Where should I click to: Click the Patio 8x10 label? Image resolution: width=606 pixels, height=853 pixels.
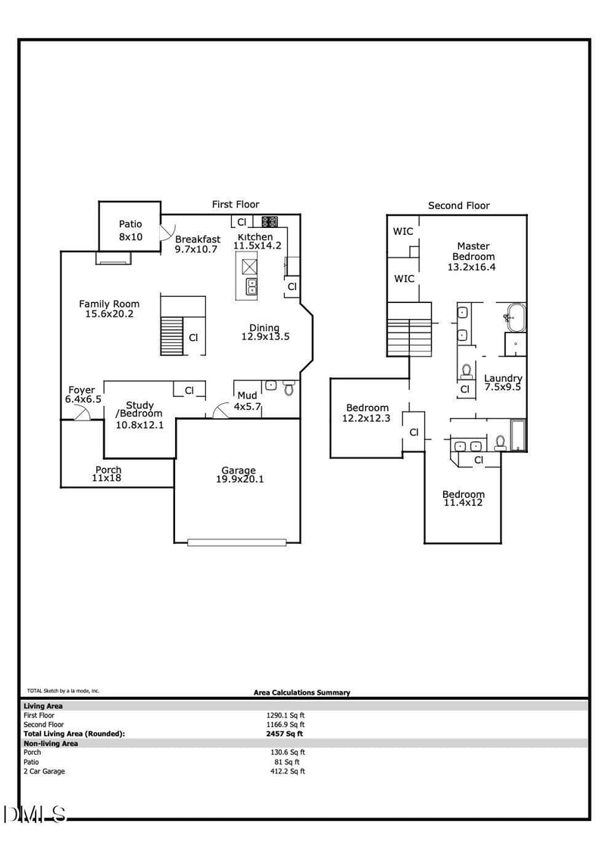(x=130, y=230)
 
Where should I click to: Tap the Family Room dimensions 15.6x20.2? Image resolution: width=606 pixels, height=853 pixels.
(x=110, y=314)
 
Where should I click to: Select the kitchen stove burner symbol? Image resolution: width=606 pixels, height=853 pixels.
(x=270, y=222)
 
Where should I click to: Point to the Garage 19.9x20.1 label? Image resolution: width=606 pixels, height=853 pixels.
(x=239, y=474)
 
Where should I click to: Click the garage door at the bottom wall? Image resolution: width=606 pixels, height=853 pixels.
(x=237, y=542)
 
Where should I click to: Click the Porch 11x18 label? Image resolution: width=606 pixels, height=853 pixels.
(x=108, y=474)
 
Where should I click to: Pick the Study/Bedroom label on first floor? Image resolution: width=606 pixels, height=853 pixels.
(x=139, y=414)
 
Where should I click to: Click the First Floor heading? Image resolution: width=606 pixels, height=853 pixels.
(x=235, y=205)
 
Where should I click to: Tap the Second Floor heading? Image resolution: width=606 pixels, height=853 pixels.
(x=459, y=205)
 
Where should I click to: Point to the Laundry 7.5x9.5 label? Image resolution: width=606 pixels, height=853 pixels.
(x=503, y=383)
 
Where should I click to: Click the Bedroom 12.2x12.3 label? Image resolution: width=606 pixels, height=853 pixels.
(x=367, y=412)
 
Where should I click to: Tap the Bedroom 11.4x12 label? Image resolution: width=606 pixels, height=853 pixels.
(x=463, y=498)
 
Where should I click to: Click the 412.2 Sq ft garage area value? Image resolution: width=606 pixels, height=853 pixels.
(x=288, y=771)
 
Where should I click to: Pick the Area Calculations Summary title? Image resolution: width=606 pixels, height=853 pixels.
(x=301, y=692)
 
